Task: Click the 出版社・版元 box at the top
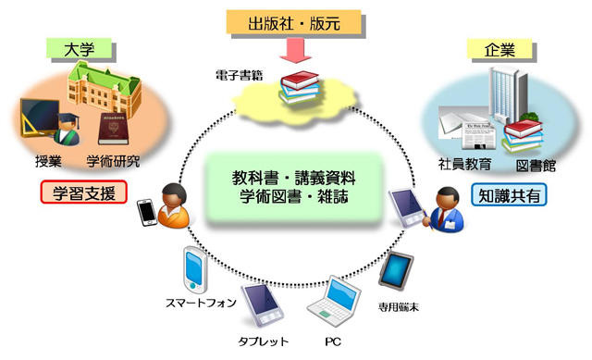(295, 21)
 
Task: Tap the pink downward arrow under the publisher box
(295, 50)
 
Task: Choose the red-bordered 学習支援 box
(82, 192)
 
